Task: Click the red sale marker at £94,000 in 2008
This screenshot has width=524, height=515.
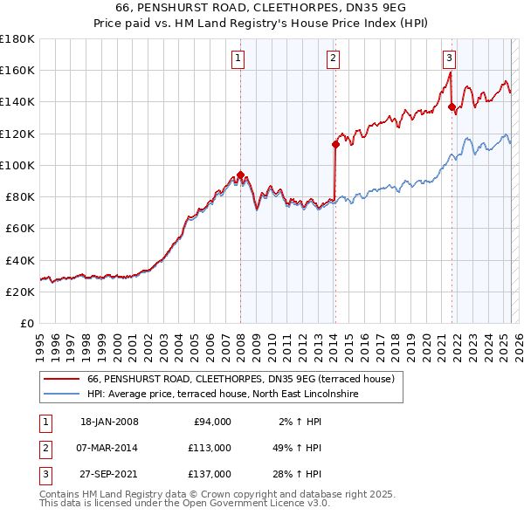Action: (240, 175)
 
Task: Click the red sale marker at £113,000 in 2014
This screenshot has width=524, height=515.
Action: (334, 145)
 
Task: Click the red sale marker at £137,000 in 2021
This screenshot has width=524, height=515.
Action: (452, 107)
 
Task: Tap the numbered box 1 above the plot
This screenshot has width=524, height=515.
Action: (238, 58)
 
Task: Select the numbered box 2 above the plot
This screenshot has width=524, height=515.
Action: (333, 58)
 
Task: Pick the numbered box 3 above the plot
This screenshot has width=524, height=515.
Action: (449, 58)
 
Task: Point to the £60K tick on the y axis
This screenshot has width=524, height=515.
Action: (19, 228)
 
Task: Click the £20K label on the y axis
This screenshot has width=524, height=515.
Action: (19, 292)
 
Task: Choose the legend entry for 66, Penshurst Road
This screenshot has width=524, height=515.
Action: (241, 379)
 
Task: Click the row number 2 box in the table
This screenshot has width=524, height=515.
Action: (44, 447)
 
